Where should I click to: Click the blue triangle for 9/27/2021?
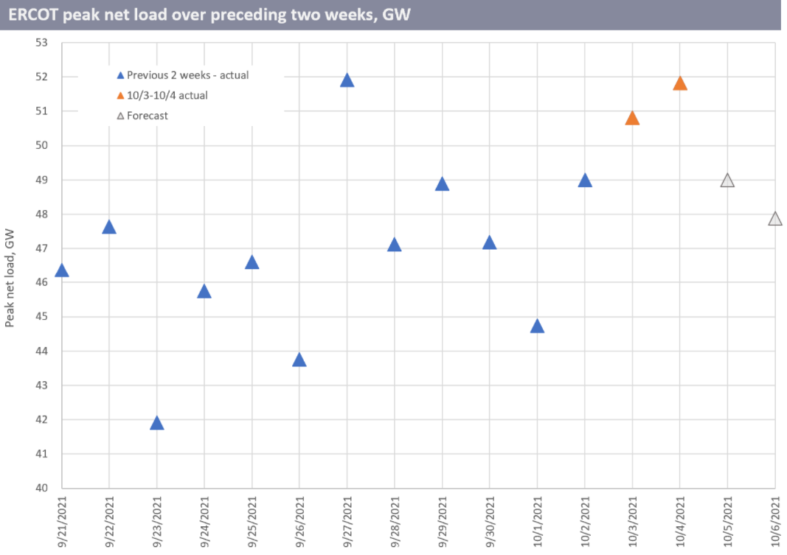coord(347,80)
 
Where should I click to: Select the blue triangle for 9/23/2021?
coord(156,423)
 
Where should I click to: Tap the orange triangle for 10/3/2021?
coord(632,119)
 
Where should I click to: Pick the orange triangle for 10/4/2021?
coord(680,83)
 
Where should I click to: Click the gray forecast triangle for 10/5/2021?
coord(727,181)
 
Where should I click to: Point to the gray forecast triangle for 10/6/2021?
coord(774,219)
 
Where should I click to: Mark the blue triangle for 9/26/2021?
coord(299,360)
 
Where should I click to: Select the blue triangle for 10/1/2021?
coord(537,327)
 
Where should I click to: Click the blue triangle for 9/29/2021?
coord(442,184)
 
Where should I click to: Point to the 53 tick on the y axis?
coord(41,43)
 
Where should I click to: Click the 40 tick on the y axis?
coord(41,488)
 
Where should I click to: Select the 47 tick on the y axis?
coord(41,248)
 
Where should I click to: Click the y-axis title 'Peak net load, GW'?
coord(10,278)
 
